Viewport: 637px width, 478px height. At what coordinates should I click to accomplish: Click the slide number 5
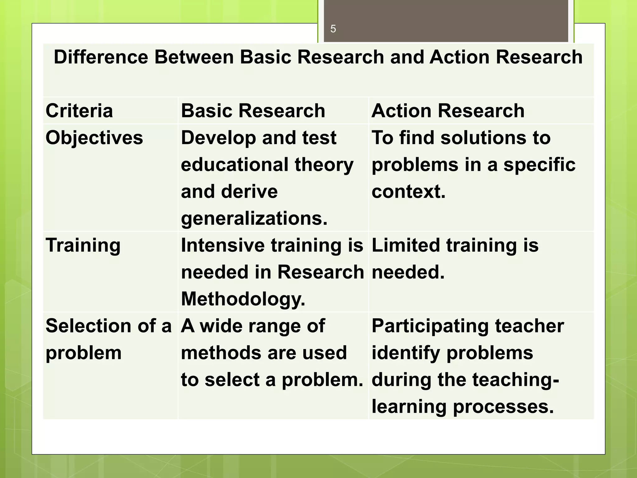(x=333, y=29)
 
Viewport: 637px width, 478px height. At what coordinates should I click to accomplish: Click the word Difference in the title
(x=101, y=57)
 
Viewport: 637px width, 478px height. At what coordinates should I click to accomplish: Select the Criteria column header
(x=79, y=111)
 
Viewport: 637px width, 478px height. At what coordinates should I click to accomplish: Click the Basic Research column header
(x=253, y=111)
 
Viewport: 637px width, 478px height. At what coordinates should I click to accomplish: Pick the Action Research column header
(x=448, y=111)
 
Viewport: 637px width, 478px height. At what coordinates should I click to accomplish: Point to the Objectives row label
(x=94, y=138)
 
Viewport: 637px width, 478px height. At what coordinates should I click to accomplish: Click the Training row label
(x=83, y=246)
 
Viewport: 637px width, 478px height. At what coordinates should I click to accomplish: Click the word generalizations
(x=254, y=218)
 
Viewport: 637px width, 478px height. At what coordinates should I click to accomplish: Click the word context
(x=408, y=191)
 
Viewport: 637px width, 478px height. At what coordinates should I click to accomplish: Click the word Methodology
(x=243, y=299)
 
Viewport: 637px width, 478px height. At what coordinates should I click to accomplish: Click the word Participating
(x=430, y=326)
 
